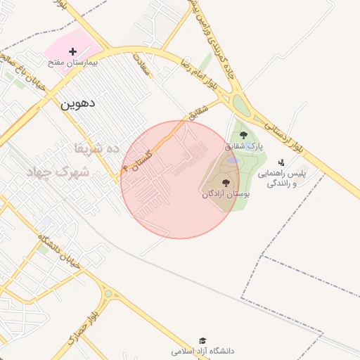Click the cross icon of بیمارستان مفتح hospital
click(x=73, y=51)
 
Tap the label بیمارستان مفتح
click(x=73, y=63)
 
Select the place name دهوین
click(x=77, y=103)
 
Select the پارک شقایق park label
click(x=243, y=147)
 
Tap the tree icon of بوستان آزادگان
click(x=225, y=183)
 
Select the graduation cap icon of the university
click(x=203, y=340)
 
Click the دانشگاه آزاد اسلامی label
click(x=203, y=350)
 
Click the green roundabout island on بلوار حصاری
click(x=108, y=295)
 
